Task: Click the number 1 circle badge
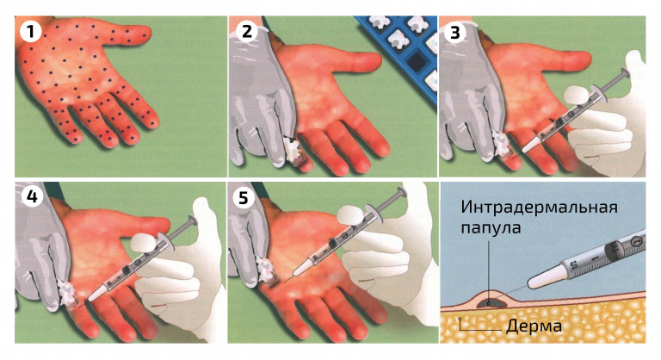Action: (x=30, y=31)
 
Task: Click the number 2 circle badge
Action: (x=247, y=31)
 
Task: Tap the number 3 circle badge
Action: (x=455, y=32)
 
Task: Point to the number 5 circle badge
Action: (x=244, y=197)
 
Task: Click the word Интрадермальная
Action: (x=539, y=207)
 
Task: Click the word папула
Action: (x=491, y=228)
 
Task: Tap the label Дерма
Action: (x=534, y=326)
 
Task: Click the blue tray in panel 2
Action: (x=401, y=54)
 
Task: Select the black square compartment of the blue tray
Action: (x=417, y=62)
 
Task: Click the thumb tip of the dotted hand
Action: (x=145, y=33)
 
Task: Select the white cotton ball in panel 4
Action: (x=145, y=244)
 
